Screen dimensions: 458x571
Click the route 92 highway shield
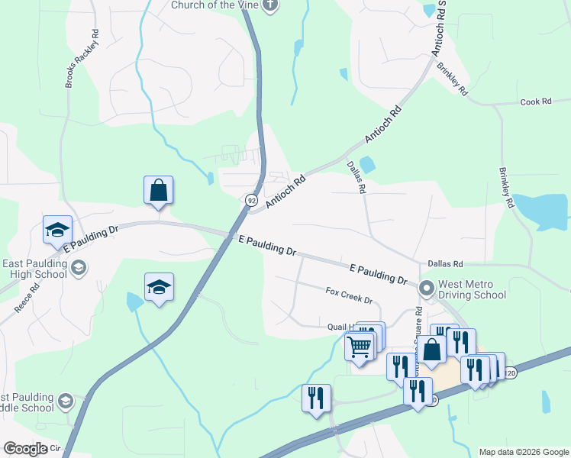pos(250,200)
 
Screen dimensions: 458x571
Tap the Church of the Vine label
pos(214,5)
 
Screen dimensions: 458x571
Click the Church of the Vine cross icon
pos(269,5)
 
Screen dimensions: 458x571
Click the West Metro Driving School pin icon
pos(426,289)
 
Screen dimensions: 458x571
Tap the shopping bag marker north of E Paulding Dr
pos(158,190)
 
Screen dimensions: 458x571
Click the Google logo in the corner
pos(25,449)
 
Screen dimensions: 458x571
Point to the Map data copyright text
pos(523,452)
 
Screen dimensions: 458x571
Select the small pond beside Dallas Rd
pos(367,163)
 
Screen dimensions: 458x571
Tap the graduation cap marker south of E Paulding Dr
pos(159,287)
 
